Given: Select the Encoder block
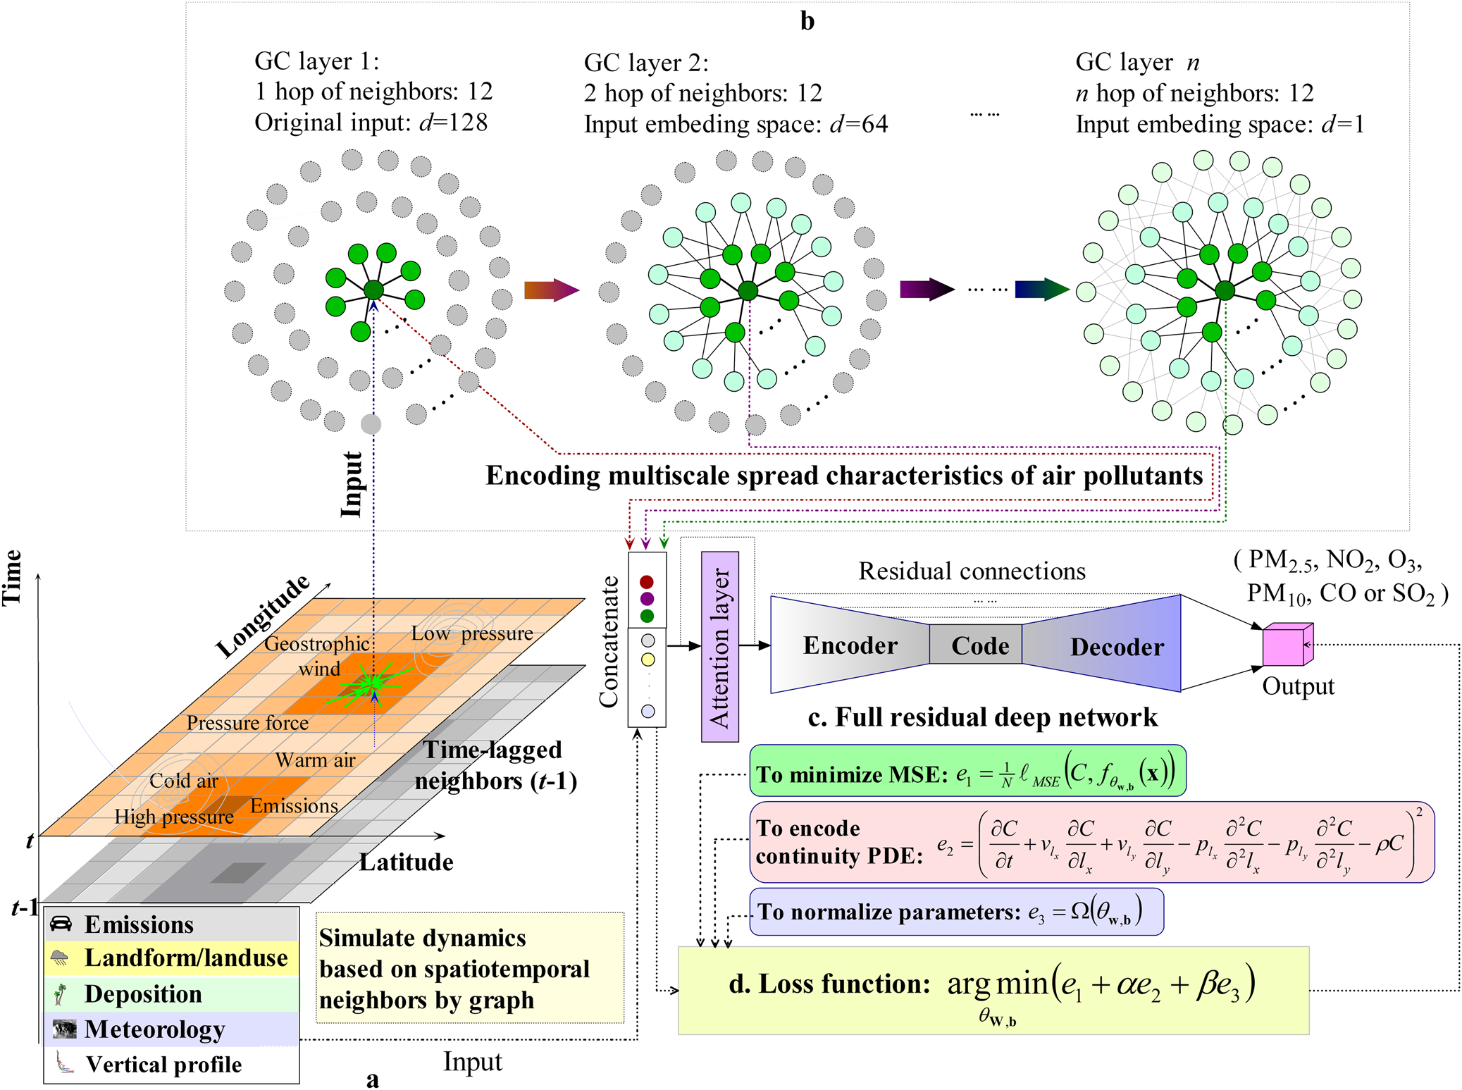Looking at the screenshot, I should [850, 645].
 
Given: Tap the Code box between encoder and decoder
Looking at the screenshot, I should [979, 645].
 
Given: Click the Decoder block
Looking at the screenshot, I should [1116, 646].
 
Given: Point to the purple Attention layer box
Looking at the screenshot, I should [719, 647].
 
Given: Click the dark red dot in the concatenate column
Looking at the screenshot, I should [647, 582].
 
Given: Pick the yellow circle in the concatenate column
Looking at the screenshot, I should [648, 660].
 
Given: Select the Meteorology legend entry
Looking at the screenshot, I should [154, 1029].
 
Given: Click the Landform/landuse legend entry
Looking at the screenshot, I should [185, 958].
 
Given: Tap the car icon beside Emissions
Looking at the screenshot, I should [61, 924].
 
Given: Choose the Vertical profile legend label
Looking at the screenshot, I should [163, 1065].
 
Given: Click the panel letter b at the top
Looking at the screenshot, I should [807, 21].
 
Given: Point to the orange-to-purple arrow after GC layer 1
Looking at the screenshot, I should [551, 290].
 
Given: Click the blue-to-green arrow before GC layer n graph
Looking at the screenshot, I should [1041, 289].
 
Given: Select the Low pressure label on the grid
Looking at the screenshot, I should [472, 633].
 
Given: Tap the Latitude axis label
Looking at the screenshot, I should [406, 862].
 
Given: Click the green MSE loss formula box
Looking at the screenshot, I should [967, 772].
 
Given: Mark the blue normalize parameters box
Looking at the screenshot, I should [956, 912].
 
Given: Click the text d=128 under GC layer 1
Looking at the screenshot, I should [453, 123].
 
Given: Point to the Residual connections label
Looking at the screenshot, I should [972, 571].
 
